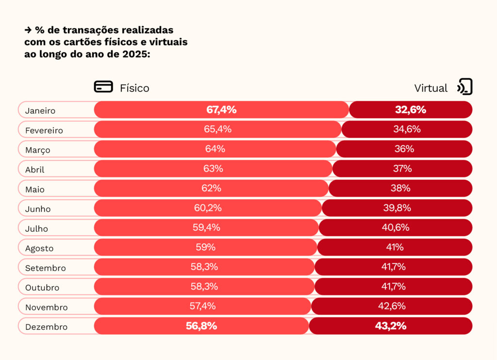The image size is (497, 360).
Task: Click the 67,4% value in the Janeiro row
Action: coord(221,109)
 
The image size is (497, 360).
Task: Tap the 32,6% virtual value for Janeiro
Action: coord(411,109)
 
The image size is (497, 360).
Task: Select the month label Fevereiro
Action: coord(44,130)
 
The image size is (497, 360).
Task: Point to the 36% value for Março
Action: coord(404,149)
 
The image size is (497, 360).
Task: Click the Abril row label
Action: coord(35,170)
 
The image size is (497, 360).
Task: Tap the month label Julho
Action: coord(36,228)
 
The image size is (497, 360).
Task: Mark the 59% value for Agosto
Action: coord(206,247)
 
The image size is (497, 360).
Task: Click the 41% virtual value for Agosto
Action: coord(395,247)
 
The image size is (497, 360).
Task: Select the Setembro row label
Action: coord(46,268)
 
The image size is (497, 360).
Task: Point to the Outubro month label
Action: coord(42,287)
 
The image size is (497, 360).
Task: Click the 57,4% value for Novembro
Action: coord(203,306)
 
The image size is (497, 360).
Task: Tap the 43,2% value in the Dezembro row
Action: coord(391,326)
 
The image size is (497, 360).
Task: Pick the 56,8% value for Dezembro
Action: coord(201,326)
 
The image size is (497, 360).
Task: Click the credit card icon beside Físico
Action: coord(103,87)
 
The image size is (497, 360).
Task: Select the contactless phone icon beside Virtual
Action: coord(464,87)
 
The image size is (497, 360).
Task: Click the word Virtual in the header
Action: coord(431,88)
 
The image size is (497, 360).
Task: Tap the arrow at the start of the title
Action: coord(28,30)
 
